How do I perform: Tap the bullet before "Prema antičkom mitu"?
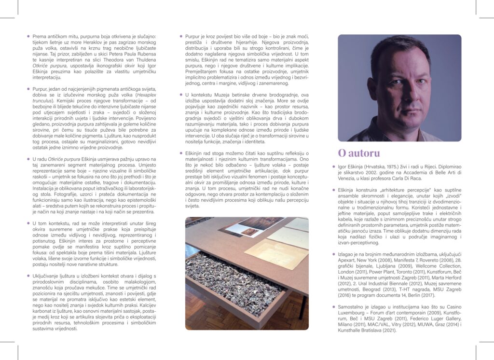(x=28, y=36)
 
